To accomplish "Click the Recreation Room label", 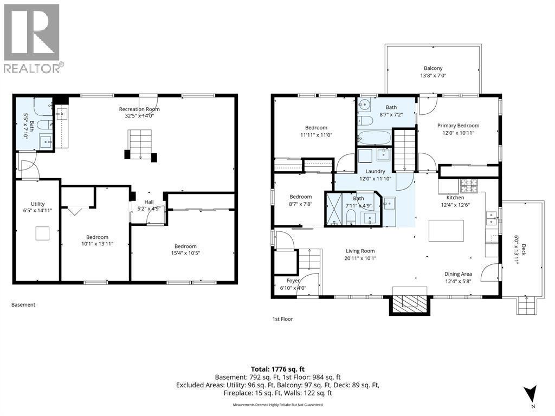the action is [x=139, y=109].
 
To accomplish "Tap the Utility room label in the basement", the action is [x=37, y=204].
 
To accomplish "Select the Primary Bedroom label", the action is [x=458, y=126].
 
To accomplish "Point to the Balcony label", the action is [x=433, y=68].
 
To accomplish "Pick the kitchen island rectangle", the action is [x=446, y=231].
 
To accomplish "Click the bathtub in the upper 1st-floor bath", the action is [x=374, y=138].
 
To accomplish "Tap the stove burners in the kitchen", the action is [x=469, y=184].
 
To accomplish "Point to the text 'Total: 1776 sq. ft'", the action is [x=277, y=369].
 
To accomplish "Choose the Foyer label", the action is [x=293, y=281].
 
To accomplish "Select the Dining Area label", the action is [x=458, y=274].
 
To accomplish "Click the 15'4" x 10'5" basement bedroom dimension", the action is [x=185, y=253].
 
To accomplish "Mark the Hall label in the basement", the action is [x=149, y=201].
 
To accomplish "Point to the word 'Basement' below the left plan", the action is [x=23, y=304].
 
